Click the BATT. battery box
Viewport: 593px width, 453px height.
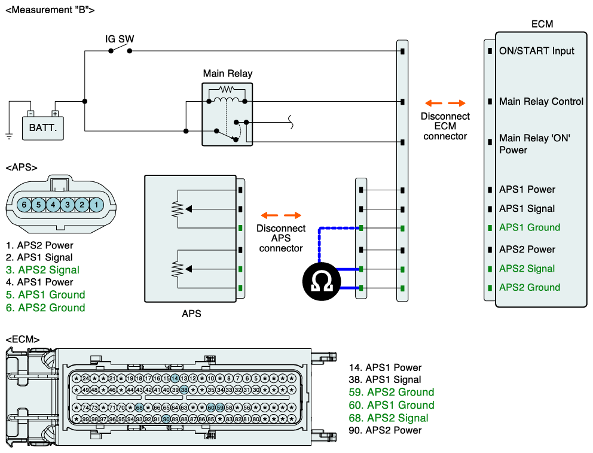43,127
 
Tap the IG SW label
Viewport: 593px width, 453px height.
120,39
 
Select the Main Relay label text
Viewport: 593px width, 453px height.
228,74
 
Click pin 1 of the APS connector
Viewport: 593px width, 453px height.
96,205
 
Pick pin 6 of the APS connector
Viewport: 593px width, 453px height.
24,205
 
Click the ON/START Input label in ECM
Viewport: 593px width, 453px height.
536,51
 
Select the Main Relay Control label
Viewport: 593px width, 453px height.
541,102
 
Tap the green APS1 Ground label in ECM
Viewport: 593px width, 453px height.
530,227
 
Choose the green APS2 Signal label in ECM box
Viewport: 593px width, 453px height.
527,269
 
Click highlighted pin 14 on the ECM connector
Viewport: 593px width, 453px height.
175,378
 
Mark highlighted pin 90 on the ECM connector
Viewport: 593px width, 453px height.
166,419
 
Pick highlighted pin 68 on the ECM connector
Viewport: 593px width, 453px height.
139,408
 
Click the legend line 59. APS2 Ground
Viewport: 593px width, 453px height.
392,393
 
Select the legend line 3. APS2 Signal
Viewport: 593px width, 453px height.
42,270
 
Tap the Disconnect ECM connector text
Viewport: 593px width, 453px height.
445,126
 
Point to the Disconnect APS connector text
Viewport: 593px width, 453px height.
281,238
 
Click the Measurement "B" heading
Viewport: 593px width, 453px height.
49,10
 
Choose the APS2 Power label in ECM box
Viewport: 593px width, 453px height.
527,250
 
